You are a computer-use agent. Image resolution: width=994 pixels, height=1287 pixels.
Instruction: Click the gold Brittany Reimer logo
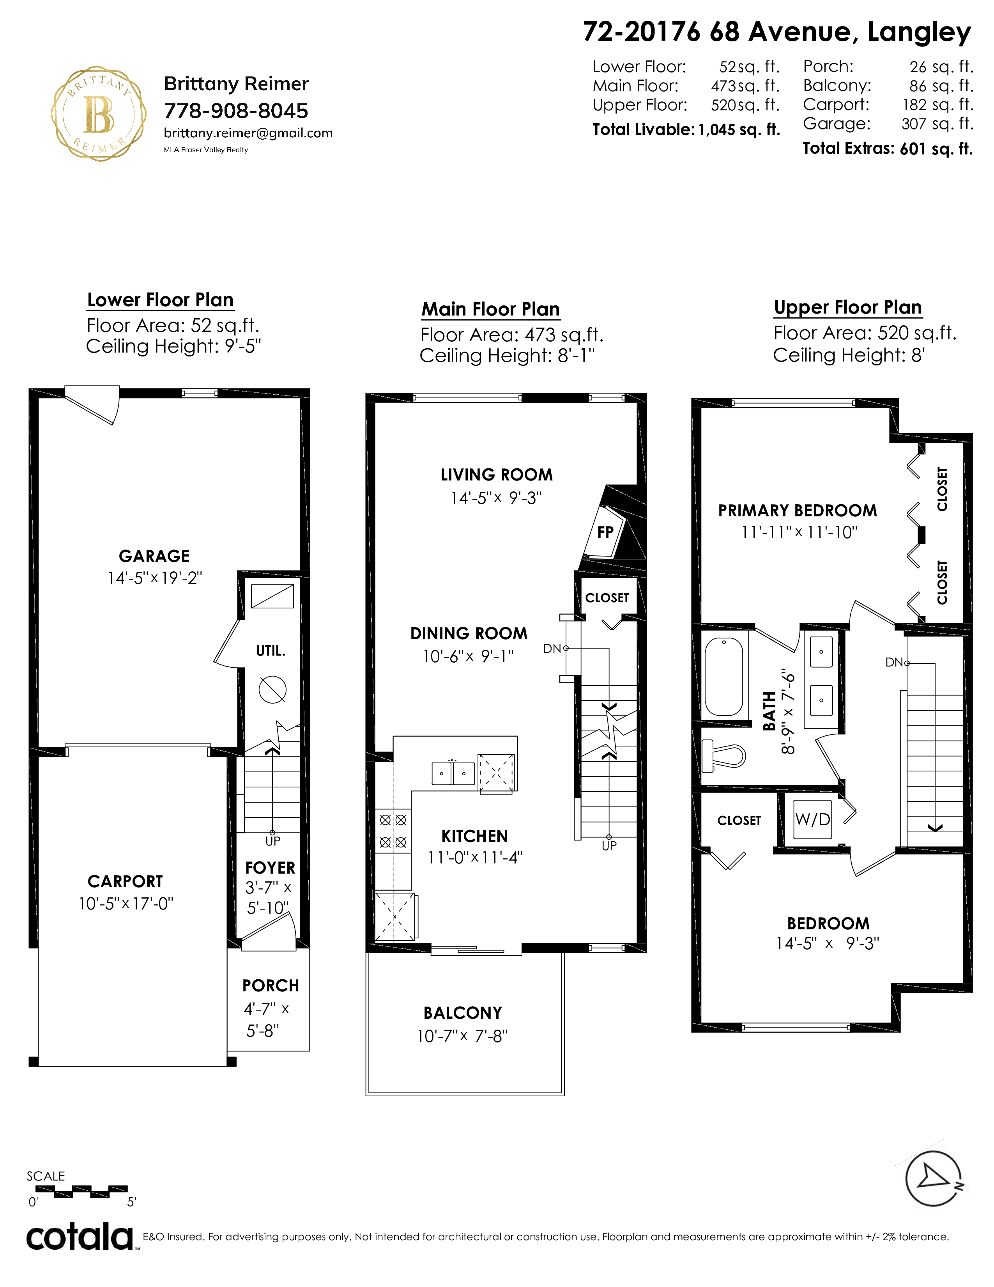pyautogui.click(x=98, y=114)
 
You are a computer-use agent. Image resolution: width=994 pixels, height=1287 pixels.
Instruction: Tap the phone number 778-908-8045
pyautogui.click(x=236, y=111)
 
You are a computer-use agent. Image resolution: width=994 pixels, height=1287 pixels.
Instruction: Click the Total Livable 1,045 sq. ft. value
pyautogui.click(x=739, y=129)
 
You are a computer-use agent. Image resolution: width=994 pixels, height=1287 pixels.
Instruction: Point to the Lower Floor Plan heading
pyautogui.click(x=160, y=300)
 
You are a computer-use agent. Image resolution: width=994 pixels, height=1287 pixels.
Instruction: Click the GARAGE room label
pyautogui.click(x=154, y=556)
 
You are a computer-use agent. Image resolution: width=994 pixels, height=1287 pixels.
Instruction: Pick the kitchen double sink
pyautogui.click(x=453, y=773)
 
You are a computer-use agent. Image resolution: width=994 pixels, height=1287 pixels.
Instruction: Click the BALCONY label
pyautogui.click(x=463, y=1012)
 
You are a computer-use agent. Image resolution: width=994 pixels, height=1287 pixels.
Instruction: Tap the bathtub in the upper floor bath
pyautogui.click(x=724, y=677)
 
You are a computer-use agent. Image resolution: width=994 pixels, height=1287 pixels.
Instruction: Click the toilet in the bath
pyautogui.click(x=724, y=755)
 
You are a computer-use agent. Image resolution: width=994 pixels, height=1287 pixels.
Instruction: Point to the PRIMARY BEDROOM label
pyautogui.click(x=797, y=511)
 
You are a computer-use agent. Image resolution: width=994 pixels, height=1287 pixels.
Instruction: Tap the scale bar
pyautogui.click(x=82, y=1191)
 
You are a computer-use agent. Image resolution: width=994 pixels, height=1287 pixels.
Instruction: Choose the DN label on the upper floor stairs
pyautogui.click(x=894, y=662)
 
